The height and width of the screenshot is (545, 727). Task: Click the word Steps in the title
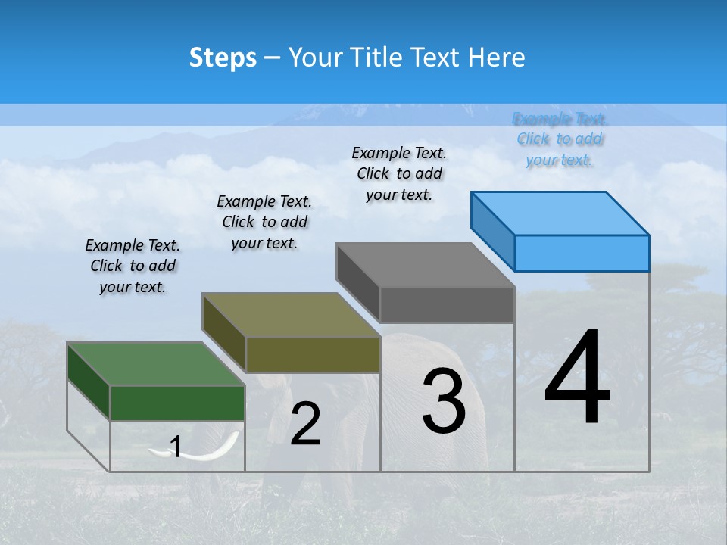click(x=223, y=58)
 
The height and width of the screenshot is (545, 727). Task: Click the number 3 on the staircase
click(x=444, y=401)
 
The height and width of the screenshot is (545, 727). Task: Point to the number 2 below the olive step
click(x=305, y=424)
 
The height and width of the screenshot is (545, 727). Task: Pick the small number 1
click(x=176, y=447)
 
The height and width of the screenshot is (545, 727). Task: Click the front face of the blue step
click(x=582, y=253)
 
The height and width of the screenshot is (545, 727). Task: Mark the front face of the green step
click(x=177, y=403)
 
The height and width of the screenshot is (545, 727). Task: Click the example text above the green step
click(x=133, y=266)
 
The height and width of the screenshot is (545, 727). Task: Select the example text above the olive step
click(x=264, y=222)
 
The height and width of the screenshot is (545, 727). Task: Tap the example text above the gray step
click(x=399, y=173)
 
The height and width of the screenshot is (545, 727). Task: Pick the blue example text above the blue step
click(x=560, y=139)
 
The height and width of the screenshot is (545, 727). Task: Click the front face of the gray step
click(x=447, y=305)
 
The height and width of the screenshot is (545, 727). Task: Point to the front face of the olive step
click(x=313, y=354)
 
